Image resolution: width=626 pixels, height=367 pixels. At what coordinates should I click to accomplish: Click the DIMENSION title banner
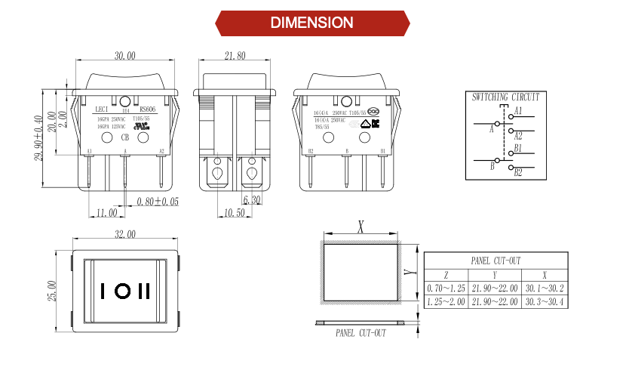[312, 23]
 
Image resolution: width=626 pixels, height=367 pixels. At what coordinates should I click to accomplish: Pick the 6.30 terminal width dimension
[251, 200]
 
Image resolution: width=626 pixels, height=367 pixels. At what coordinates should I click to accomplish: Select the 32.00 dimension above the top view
[125, 235]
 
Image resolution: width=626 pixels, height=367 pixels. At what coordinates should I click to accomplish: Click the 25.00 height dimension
[52, 291]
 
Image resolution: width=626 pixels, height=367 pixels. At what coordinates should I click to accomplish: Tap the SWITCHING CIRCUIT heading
[505, 97]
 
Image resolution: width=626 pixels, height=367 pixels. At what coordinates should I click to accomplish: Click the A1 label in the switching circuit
[518, 111]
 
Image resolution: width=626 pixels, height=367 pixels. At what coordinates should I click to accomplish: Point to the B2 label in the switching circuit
[518, 173]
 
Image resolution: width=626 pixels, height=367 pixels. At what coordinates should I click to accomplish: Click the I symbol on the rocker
[103, 291]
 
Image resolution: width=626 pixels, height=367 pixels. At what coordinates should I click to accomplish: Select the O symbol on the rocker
[123, 291]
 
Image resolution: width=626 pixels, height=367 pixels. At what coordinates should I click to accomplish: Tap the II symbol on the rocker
[145, 291]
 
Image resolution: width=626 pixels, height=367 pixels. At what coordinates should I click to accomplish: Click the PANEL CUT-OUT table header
[496, 261]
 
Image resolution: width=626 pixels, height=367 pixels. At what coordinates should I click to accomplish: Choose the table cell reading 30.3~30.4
[543, 302]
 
